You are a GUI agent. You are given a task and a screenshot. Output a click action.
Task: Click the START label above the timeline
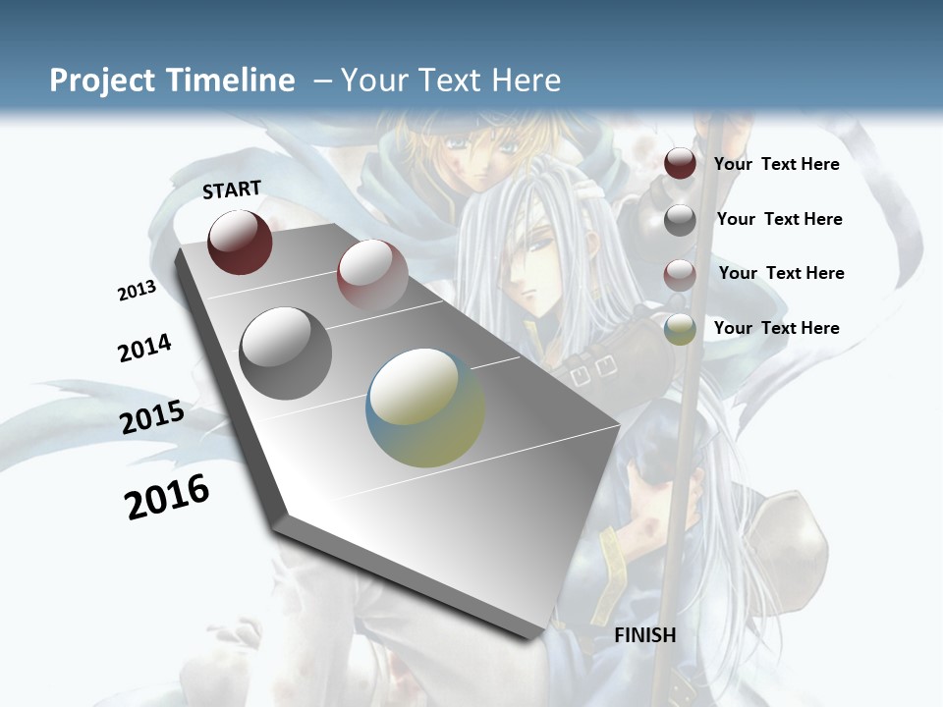coord(232,190)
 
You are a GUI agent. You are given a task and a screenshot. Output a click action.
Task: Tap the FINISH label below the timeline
coord(645,635)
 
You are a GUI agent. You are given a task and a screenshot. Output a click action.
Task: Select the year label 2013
coord(137,291)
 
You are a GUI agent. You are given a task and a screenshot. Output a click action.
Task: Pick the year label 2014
coord(144,349)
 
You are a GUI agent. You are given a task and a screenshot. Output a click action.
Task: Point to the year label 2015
coord(152,417)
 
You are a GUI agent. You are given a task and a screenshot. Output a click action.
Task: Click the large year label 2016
coord(167,497)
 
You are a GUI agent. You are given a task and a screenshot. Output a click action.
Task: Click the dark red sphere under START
coord(240,243)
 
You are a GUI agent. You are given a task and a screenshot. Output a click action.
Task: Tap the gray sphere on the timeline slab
coord(286,353)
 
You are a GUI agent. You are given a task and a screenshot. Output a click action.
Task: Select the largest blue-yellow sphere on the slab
coord(425,408)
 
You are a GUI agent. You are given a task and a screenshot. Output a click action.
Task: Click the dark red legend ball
coord(680,164)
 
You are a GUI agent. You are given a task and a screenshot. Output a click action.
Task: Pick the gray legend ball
coord(680,220)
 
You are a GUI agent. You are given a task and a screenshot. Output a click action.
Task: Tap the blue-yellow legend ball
coord(680,329)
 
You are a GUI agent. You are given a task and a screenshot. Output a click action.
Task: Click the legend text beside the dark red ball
coord(776,164)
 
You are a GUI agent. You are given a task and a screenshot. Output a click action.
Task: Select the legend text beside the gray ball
coord(779,219)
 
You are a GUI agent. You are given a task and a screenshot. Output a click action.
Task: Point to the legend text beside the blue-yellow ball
coord(776,328)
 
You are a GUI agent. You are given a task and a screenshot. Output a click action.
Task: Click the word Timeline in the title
coord(232,81)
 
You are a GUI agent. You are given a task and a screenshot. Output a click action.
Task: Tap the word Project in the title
coord(101,81)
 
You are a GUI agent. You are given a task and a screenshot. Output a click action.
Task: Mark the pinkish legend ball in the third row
coord(680,275)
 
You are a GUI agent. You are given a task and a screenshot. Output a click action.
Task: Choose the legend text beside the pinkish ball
coord(781,273)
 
